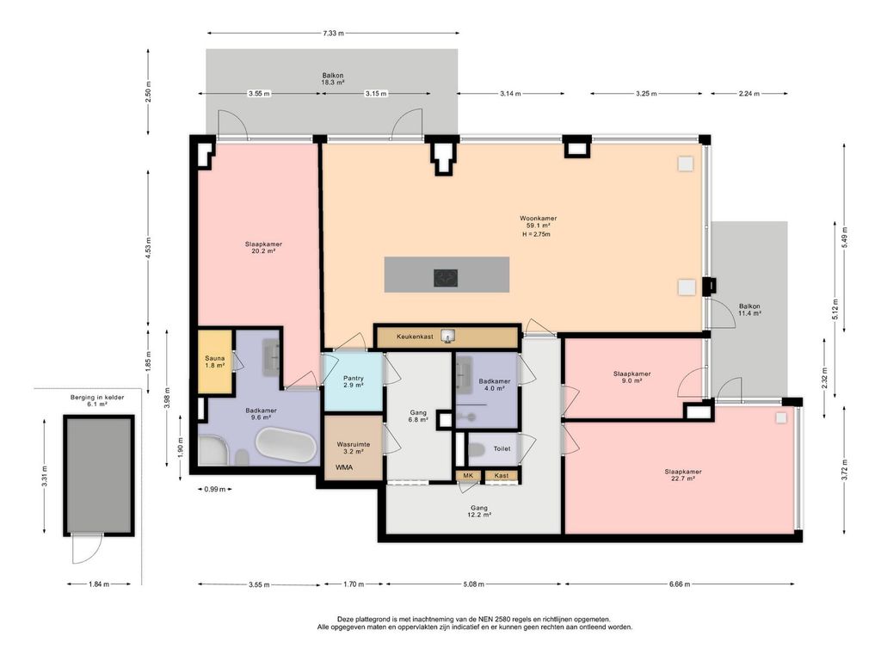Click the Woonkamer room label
click(x=538, y=218)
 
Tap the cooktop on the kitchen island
click(x=446, y=278)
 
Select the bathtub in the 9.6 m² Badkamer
click(x=286, y=445)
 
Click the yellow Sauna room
click(x=215, y=361)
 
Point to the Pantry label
click(x=354, y=379)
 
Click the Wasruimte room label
click(x=354, y=444)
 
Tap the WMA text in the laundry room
click(x=344, y=467)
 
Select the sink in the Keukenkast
click(x=447, y=337)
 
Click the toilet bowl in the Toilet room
click(x=477, y=450)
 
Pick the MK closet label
click(x=467, y=475)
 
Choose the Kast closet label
click(x=502, y=475)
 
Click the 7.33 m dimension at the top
click(x=333, y=34)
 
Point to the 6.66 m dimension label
click(x=680, y=584)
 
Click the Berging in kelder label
click(x=97, y=398)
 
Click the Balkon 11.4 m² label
click(x=749, y=310)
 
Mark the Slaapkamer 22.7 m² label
click(x=682, y=475)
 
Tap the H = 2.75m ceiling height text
click(x=536, y=234)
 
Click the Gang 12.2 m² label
click(x=479, y=511)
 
